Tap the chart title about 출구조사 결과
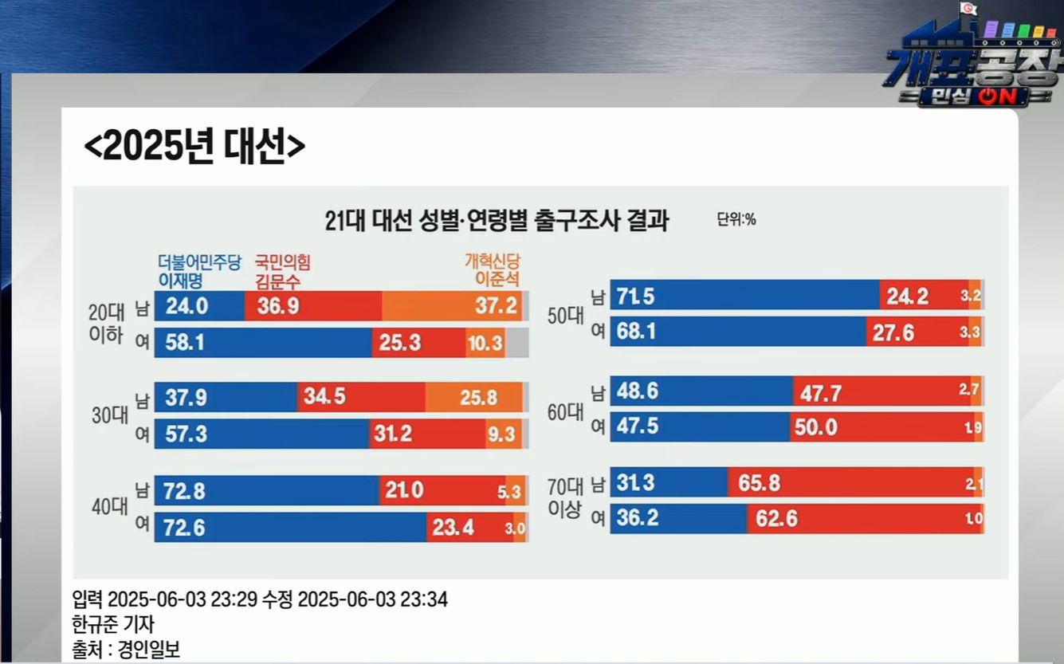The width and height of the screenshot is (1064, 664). click(497, 220)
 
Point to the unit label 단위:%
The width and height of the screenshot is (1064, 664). click(736, 219)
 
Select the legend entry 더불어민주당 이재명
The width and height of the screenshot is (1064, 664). click(199, 272)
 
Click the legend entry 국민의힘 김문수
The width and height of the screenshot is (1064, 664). click(283, 272)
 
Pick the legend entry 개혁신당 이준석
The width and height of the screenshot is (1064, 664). click(493, 269)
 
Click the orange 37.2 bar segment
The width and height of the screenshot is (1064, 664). click(452, 306)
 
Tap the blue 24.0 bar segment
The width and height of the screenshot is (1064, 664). click(200, 306)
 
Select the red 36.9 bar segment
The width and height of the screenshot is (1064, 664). click(313, 306)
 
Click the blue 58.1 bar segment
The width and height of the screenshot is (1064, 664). click(264, 343)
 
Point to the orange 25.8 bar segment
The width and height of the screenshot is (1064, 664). click(474, 397)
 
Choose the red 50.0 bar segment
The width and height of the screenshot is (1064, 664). click(883, 427)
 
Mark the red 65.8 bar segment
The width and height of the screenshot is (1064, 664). click(851, 482)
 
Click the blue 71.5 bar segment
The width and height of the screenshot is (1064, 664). click(745, 295)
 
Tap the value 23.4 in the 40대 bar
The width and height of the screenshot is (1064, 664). click(453, 528)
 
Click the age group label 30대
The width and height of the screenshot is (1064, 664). click(110, 415)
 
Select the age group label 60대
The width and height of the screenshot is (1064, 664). click(565, 412)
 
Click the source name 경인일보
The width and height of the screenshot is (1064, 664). click(149, 650)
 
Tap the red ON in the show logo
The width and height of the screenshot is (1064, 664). click(998, 96)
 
